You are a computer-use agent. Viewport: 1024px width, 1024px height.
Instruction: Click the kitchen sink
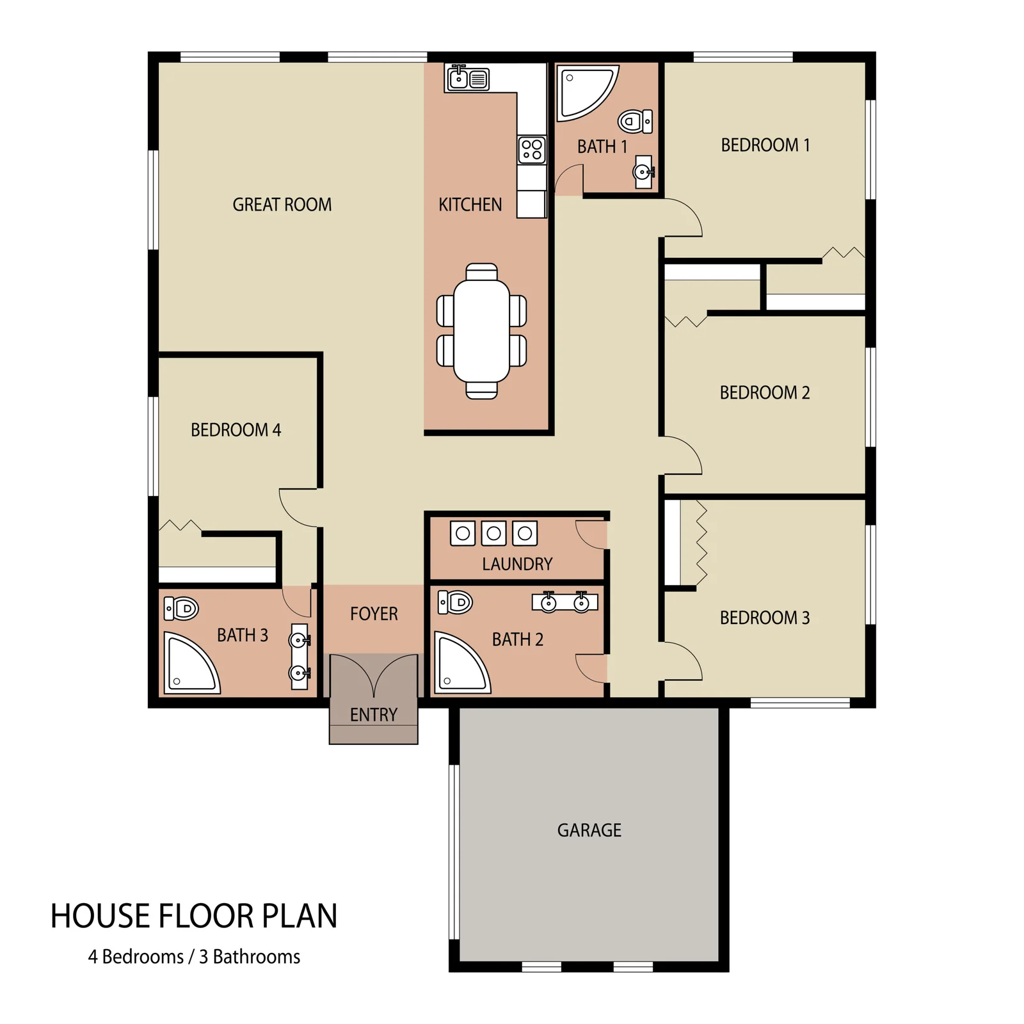pos(468,78)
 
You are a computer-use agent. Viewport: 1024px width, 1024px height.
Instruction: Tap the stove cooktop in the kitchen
pos(532,150)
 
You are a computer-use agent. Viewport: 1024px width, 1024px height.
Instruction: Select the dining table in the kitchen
pos(482,331)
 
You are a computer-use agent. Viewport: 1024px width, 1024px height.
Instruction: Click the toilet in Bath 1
pos(635,121)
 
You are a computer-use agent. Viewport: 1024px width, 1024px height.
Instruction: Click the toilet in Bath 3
pos(181,609)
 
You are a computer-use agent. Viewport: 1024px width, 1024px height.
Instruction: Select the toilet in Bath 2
pos(455,602)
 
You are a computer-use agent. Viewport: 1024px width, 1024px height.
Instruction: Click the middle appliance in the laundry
pos(493,533)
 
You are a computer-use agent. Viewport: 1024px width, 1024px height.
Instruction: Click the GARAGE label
pos(589,830)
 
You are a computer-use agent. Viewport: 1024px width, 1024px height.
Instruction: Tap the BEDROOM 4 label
pos(236,429)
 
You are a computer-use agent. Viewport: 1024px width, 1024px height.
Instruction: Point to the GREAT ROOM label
pos(282,204)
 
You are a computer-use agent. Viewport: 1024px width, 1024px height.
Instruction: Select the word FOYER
pos(374,614)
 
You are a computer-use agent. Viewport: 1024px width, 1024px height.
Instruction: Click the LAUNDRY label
pos(517,564)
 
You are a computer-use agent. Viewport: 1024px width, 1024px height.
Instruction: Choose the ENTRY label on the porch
pos(374,714)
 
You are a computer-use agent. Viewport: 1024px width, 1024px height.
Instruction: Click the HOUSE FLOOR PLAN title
pos(194,916)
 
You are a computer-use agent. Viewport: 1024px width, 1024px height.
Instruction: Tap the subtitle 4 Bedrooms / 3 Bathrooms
pos(194,956)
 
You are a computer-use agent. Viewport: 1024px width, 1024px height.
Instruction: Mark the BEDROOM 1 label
pos(765,145)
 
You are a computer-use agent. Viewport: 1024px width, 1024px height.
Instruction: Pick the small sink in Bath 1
pos(643,172)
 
